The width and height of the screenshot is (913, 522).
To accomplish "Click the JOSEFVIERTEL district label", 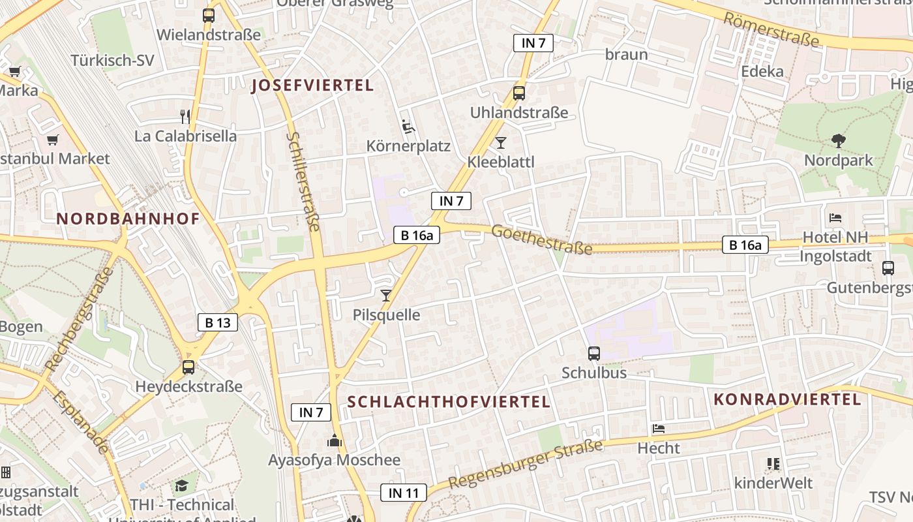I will click(312, 85).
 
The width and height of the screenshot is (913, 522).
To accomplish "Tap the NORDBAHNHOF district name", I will click(128, 219).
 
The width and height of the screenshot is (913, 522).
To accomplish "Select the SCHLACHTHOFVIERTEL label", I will click(449, 401).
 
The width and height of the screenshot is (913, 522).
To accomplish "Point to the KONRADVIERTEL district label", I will click(788, 399).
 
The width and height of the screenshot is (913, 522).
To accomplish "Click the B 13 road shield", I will click(218, 322).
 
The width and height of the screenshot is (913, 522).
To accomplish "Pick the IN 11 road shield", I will click(404, 493).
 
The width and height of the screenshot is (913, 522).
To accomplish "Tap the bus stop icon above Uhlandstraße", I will click(519, 93).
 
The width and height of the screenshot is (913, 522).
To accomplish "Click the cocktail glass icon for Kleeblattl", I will click(501, 143).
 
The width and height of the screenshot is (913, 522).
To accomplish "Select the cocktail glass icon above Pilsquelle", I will click(386, 296).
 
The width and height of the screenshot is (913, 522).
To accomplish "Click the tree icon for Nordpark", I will click(838, 140).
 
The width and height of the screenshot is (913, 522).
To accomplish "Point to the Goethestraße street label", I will click(542, 239).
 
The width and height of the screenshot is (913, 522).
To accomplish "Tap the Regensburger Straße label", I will click(526, 465).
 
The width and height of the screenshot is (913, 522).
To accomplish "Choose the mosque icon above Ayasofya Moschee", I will click(335, 441).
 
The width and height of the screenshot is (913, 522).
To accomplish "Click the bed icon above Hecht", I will click(659, 429).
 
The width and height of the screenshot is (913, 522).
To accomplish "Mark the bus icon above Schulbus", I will click(594, 354).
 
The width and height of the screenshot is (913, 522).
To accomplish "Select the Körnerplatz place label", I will click(408, 146).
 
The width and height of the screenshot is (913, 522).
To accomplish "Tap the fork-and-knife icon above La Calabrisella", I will click(186, 117).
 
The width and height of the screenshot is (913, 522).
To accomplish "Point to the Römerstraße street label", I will click(771, 29).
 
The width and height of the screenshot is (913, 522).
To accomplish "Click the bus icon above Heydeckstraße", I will click(188, 367).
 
